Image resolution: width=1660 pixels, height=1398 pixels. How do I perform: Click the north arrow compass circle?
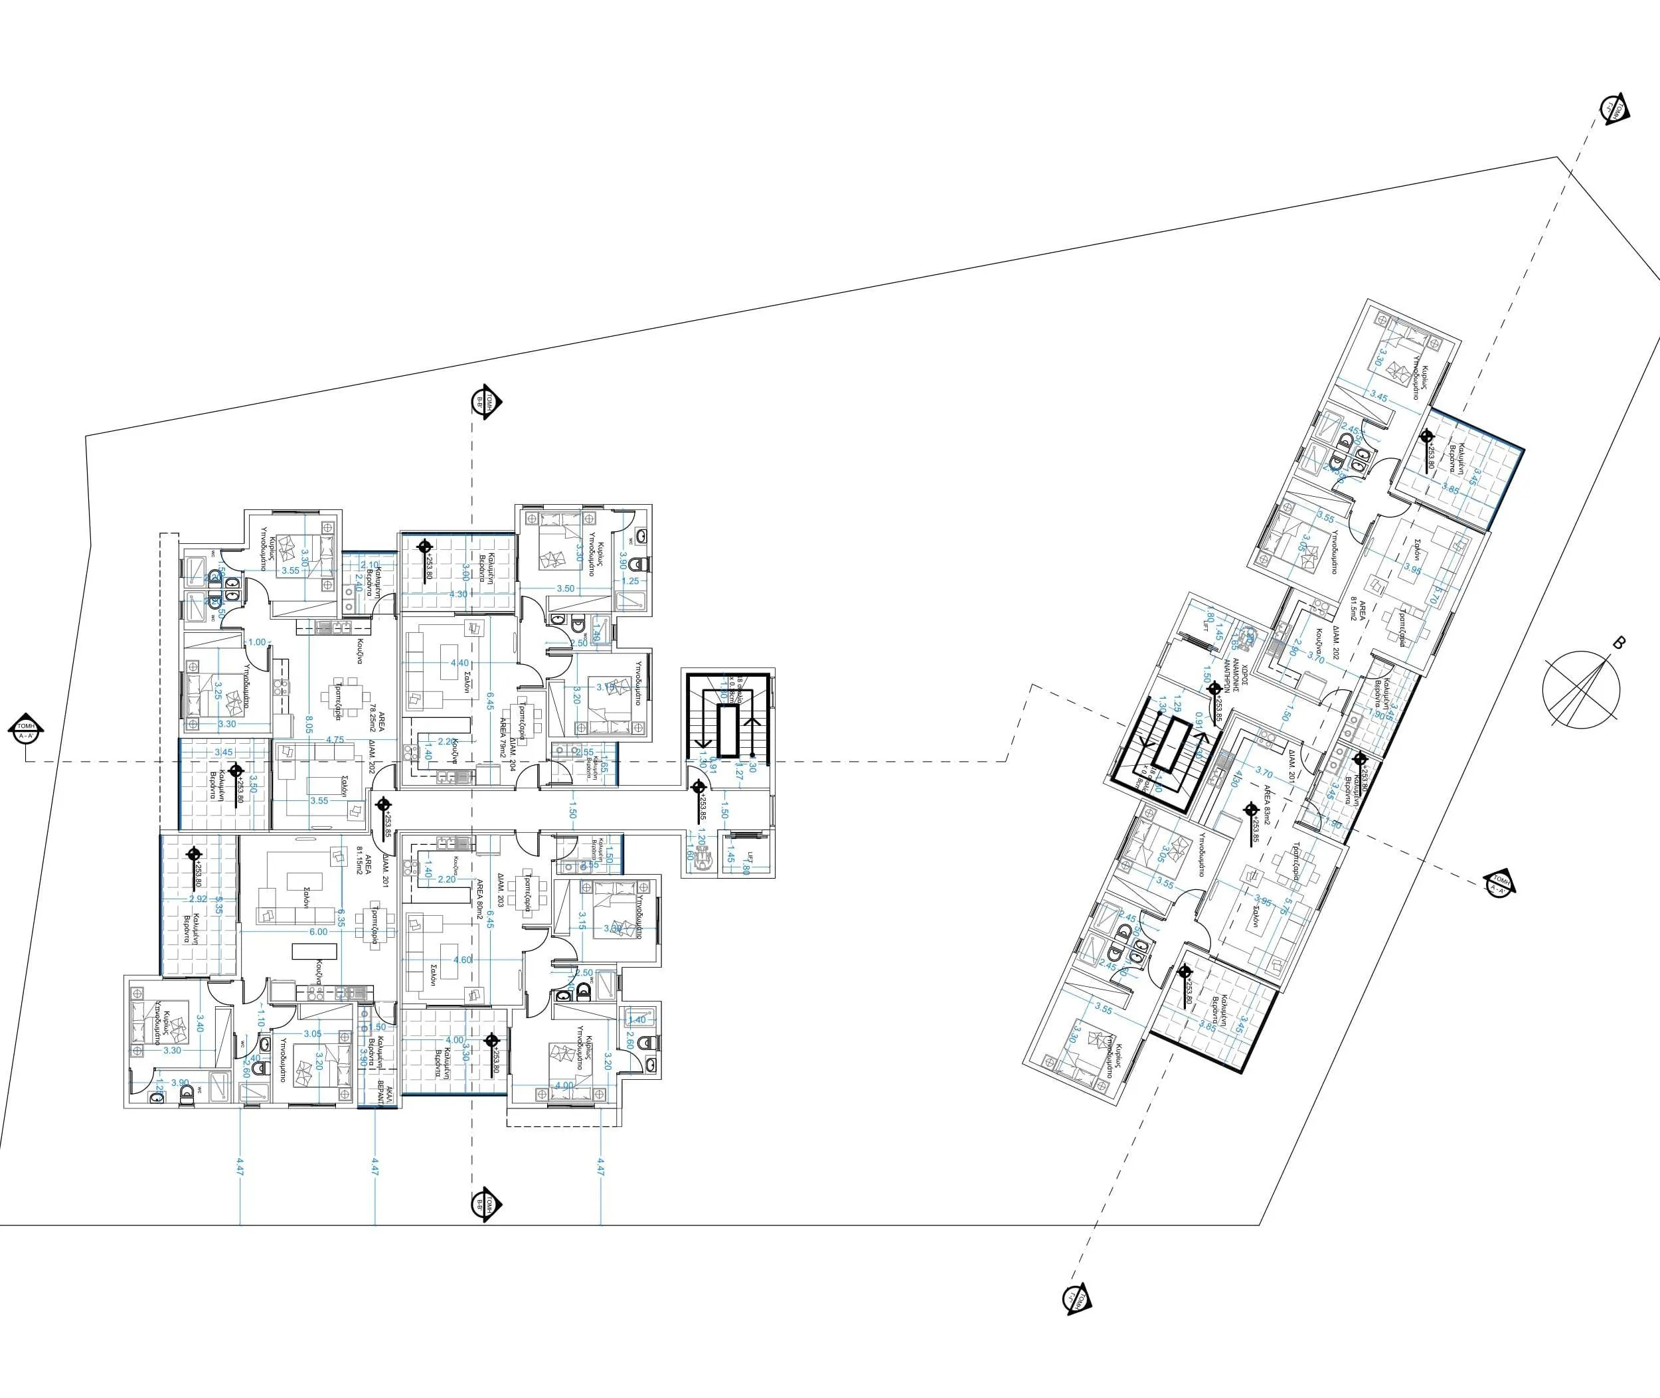(1581, 689)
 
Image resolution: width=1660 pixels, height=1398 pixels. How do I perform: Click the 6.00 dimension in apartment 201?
(318, 932)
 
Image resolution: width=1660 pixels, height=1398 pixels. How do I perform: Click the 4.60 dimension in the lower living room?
(462, 960)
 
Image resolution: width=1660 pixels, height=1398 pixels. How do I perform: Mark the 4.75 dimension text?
(335, 741)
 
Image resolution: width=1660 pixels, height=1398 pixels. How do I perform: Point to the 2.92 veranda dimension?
(198, 899)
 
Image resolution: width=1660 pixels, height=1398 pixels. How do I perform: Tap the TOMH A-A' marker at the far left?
(26, 729)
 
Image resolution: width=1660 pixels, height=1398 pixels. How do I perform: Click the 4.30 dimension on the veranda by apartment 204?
(458, 594)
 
